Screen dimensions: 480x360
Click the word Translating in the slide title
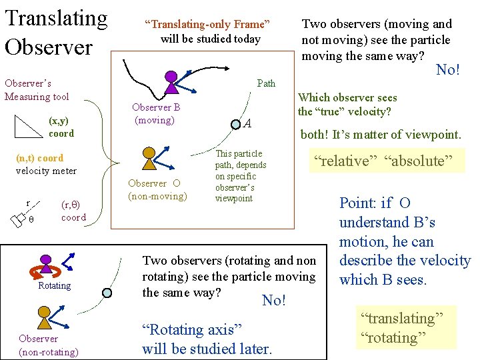[x=56, y=17]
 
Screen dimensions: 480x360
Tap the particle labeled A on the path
[x=237, y=123]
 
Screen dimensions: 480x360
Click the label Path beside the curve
[x=266, y=83]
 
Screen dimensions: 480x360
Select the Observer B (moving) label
[x=155, y=114]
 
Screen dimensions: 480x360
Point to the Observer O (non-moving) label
[x=158, y=189]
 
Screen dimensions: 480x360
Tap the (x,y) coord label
[x=61, y=127]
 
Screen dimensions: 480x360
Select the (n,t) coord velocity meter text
[x=46, y=165]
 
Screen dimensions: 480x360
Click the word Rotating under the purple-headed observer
[x=55, y=285]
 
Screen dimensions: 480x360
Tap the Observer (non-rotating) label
[x=48, y=345]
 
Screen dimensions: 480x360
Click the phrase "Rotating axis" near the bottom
[x=191, y=329]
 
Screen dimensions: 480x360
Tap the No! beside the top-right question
[x=448, y=69]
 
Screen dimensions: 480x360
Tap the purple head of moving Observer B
[x=171, y=77]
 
